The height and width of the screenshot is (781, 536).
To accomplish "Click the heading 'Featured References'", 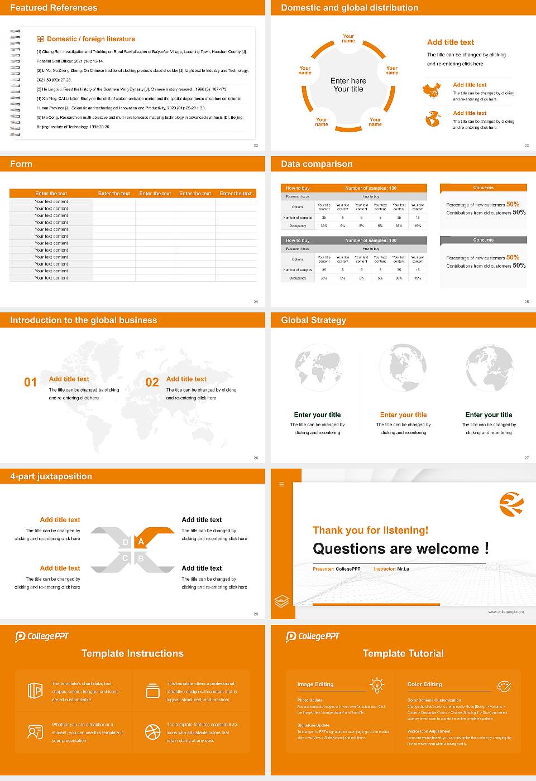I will click(x=54, y=8).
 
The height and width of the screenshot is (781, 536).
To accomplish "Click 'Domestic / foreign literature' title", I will click(x=90, y=39).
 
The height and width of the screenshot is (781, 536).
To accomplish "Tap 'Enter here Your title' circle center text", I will click(x=348, y=85).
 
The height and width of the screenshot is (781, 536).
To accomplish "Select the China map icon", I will click(x=432, y=90).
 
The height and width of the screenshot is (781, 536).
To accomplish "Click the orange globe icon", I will click(x=433, y=119).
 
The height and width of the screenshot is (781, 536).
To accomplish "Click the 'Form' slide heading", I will click(x=21, y=164).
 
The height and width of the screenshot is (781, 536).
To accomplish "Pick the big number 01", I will click(x=30, y=382).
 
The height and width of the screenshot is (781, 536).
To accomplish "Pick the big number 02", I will click(x=152, y=382).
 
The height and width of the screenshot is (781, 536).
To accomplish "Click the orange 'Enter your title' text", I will click(x=403, y=415).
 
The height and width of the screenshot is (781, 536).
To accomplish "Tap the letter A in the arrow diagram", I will click(x=141, y=542).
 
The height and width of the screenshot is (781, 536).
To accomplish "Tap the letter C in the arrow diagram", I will click(x=125, y=558).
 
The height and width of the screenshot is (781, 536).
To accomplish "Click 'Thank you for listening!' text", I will click(x=370, y=531).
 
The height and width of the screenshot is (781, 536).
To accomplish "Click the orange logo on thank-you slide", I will click(x=511, y=504).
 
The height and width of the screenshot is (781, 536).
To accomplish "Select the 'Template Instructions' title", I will click(x=132, y=653).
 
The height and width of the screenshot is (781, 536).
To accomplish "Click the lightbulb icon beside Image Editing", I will click(x=377, y=684).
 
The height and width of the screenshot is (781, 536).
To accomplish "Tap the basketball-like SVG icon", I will click(x=152, y=732).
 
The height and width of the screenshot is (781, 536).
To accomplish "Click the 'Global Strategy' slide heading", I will click(x=313, y=320).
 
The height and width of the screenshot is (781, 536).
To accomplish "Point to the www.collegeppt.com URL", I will click(x=506, y=612).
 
